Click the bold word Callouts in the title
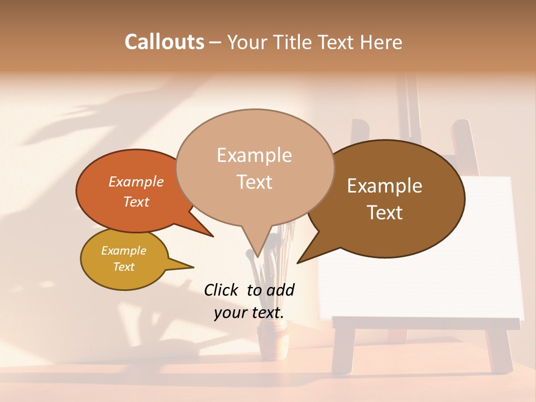164,42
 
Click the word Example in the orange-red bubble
136,182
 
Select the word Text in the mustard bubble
124,267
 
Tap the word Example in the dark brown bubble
385,186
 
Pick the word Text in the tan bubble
255,182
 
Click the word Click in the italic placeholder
222,290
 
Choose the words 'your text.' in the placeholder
249,313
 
